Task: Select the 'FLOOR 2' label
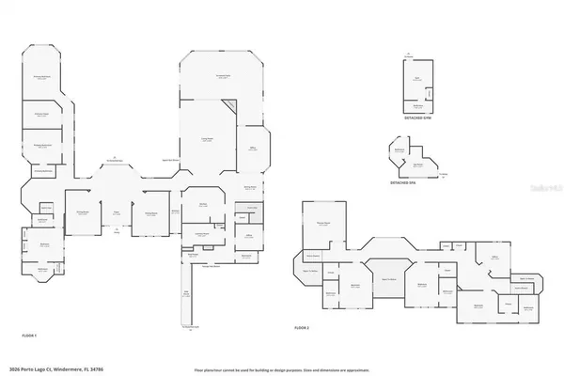301,327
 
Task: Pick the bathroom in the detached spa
399,150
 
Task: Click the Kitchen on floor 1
202,205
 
